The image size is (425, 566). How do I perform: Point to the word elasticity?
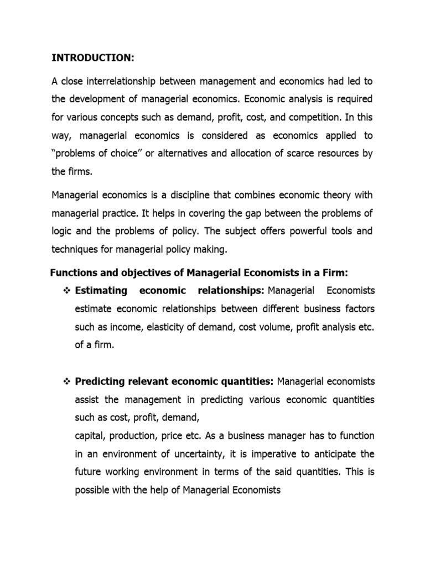pyautogui.click(x=168, y=327)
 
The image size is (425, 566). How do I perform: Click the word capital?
pyautogui.click(x=91, y=436)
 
